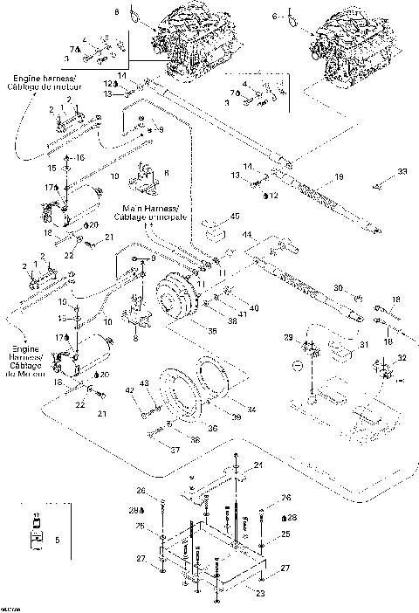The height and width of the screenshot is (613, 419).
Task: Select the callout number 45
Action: tap(234, 217)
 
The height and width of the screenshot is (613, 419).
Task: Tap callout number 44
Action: tap(247, 236)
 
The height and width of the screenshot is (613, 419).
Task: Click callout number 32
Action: tap(402, 358)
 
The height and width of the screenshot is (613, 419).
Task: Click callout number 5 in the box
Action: tap(57, 542)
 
